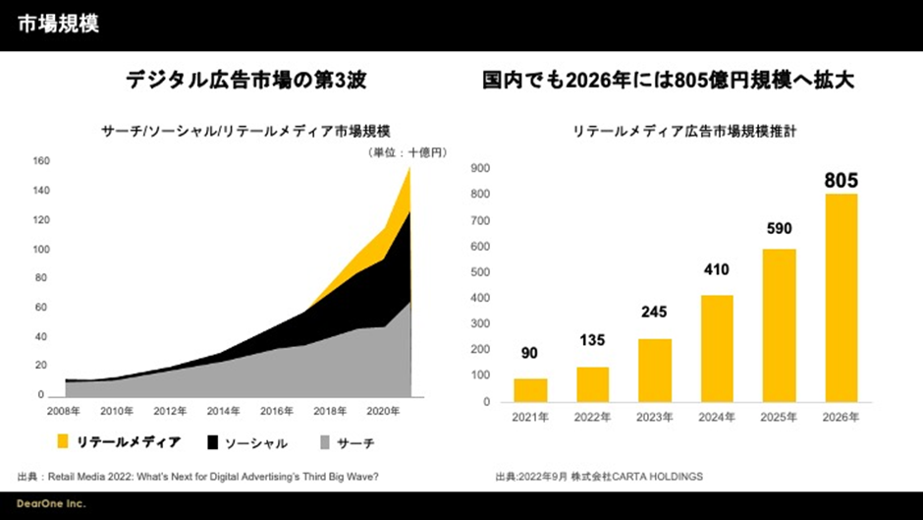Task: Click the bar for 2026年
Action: click(841, 298)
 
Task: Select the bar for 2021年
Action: click(530, 390)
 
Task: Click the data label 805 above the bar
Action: click(841, 180)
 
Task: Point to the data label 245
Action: click(655, 313)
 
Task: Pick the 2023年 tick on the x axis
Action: click(655, 417)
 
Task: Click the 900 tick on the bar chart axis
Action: click(480, 168)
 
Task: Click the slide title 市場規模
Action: click(58, 25)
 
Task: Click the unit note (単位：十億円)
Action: click(407, 152)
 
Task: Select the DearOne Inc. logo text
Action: click(51, 504)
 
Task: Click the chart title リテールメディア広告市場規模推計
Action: click(690, 131)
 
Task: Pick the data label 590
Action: click(779, 228)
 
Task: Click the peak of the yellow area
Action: click(409, 169)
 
